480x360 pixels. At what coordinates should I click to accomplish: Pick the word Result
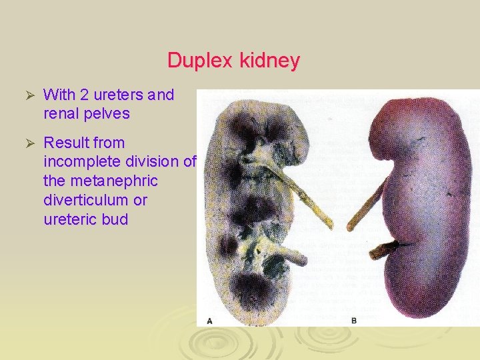tap(64, 143)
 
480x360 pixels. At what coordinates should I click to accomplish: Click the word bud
tap(115, 219)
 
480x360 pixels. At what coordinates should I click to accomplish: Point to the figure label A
tap(209, 321)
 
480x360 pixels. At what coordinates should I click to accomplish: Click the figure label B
tap(354, 321)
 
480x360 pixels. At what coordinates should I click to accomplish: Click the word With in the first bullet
tap(58, 95)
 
